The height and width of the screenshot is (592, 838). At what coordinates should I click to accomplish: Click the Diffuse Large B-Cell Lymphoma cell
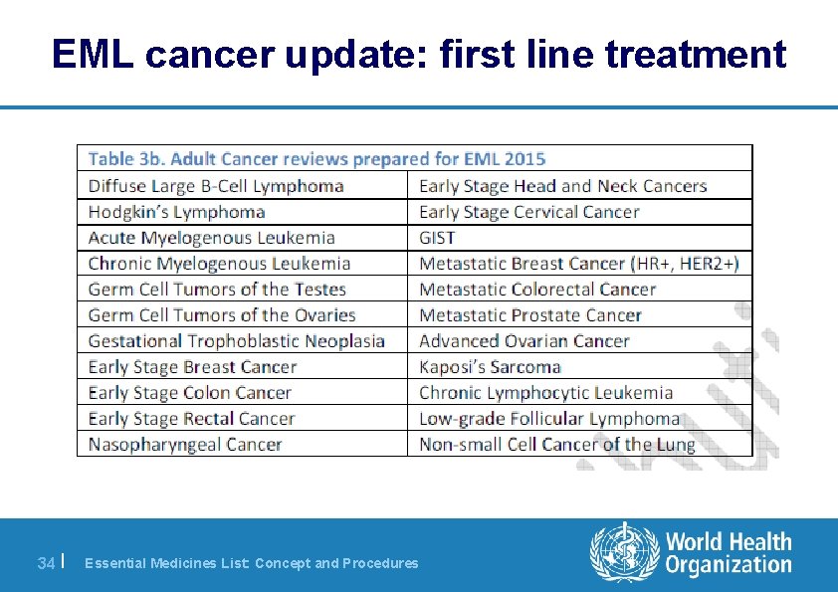click(216, 186)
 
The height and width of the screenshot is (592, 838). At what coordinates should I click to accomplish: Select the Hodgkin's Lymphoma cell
click(177, 212)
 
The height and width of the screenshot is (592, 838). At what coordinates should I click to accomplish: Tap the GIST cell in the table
click(438, 238)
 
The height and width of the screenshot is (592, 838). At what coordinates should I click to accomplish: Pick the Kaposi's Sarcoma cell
click(491, 367)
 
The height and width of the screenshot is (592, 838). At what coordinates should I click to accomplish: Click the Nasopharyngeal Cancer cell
click(185, 445)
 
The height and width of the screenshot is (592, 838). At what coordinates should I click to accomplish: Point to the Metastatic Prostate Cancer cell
click(530, 315)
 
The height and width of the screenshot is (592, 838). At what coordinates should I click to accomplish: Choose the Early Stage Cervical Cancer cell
click(529, 212)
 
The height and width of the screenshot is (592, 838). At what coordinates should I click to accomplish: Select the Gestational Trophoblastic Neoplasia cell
click(237, 341)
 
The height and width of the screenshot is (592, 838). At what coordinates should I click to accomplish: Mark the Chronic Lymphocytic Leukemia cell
click(546, 393)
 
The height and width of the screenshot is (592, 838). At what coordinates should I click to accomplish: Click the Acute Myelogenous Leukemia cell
click(212, 238)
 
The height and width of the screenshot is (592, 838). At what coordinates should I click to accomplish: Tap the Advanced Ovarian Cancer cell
click(524, 341)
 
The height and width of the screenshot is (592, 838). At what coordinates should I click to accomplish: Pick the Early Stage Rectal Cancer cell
click(192, 419)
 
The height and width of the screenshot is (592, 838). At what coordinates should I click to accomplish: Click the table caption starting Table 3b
click(317, 159)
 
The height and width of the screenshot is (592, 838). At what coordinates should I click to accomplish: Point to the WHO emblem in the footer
click(624, 552)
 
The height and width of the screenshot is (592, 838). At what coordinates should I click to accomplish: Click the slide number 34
click(45, 563)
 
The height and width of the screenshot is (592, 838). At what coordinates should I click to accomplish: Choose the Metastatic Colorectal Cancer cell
click(537, 290)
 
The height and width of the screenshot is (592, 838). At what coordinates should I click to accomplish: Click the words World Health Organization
click(729, 553)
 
